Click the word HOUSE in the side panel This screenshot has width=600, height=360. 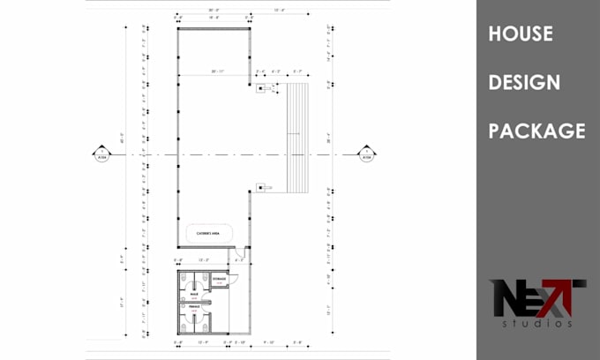[521, 34]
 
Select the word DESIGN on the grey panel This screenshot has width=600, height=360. [524, 82]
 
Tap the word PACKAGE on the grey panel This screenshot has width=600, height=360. [536, 131]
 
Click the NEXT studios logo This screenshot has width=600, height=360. [538, 303]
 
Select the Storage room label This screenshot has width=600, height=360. [220, 279]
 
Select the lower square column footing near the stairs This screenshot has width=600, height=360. [260, 186]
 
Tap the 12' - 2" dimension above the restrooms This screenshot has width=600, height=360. [204, 259]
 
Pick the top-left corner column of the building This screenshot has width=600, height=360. [178, 28]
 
